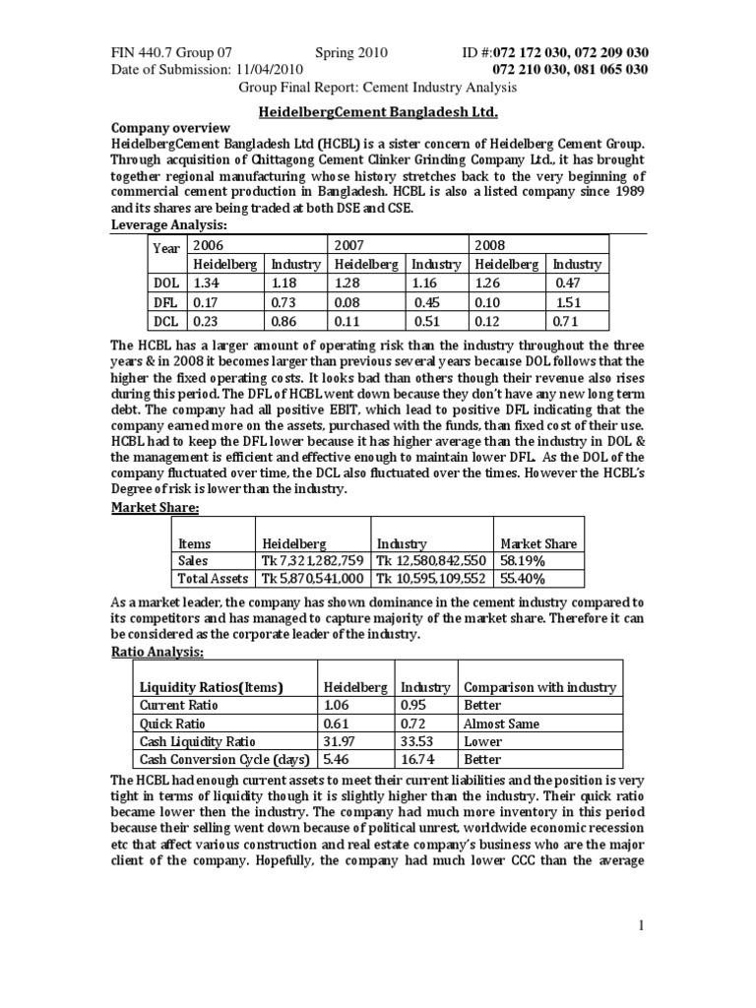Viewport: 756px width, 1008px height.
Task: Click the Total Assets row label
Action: point(213,580)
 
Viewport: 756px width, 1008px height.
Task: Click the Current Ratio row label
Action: point(179,705)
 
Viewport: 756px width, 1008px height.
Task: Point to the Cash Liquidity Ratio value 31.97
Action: point(338,741)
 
